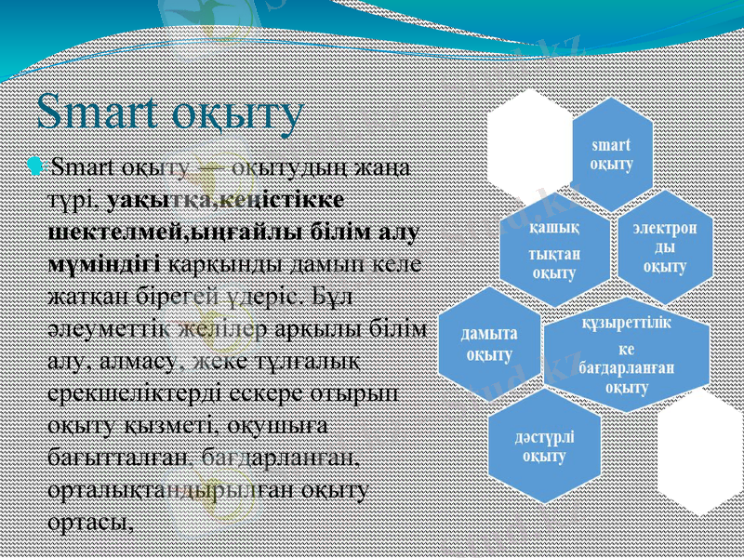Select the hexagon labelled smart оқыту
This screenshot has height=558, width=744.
coord(611,154)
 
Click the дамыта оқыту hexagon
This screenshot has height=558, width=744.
coord(489,343)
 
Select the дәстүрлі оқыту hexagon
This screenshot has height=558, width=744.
coord(545,445)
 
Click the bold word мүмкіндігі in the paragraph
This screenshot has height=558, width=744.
coord(103,264)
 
